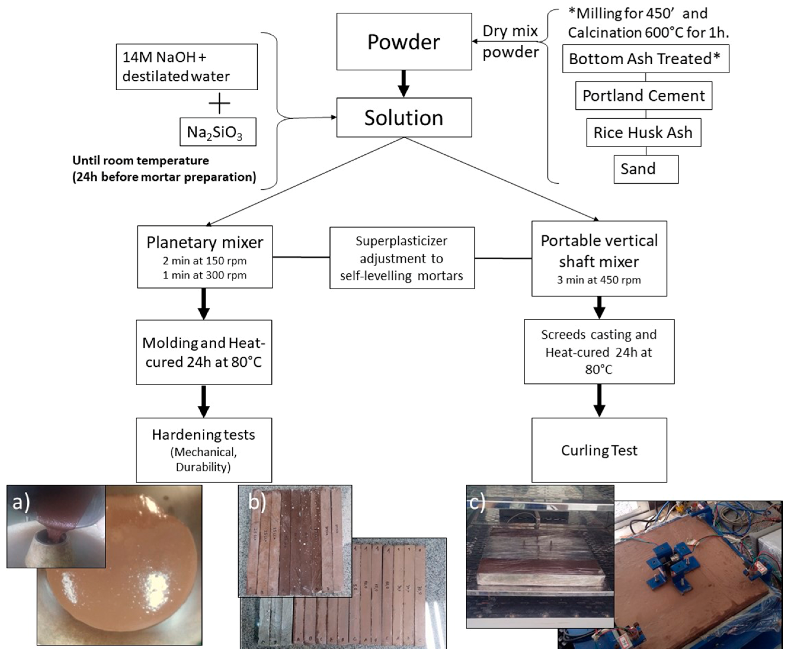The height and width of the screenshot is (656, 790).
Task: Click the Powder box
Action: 404,41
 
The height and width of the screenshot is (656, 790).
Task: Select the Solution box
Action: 404,117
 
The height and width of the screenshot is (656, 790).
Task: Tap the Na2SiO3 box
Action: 218,132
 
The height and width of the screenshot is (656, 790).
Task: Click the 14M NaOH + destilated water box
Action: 187,67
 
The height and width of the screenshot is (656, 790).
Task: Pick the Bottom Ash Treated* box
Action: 645,59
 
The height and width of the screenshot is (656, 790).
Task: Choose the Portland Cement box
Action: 643,96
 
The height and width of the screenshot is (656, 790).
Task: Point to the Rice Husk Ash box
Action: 643,132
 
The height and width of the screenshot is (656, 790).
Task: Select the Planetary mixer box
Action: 205,257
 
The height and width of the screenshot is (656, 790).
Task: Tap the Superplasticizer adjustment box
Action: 402,258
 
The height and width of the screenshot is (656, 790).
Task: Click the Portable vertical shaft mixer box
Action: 599,259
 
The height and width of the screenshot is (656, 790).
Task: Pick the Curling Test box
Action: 599,450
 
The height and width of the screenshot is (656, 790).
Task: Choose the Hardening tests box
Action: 203,450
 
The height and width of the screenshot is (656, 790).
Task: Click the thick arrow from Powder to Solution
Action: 404,84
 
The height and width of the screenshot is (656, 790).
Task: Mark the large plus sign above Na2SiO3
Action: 219,103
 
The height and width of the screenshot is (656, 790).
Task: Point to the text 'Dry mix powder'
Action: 510,41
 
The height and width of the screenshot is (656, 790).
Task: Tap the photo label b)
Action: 257,501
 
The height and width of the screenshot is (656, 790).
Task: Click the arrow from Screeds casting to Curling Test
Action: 599,401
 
